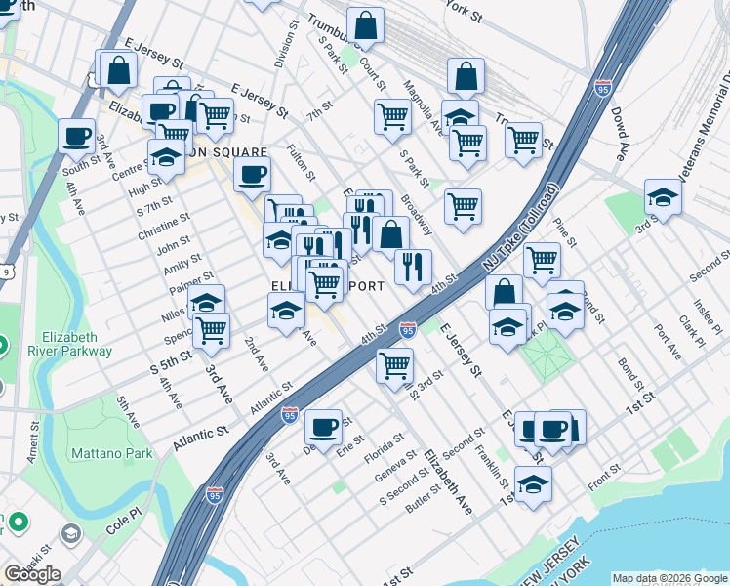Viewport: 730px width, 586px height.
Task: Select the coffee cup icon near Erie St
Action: [323, 427]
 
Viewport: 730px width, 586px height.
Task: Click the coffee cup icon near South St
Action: [76, 137]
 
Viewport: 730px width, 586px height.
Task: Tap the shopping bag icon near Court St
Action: [365, 26]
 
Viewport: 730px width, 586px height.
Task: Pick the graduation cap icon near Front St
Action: [533, 483]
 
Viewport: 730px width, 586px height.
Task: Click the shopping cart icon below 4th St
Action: [394, 365]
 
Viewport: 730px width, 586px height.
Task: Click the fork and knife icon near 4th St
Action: [413, 266]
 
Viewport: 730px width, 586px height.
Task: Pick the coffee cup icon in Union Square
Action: [252, 174]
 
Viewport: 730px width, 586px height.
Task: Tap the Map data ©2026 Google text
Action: [669, 578]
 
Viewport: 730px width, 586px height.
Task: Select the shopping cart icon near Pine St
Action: [542, 259]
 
